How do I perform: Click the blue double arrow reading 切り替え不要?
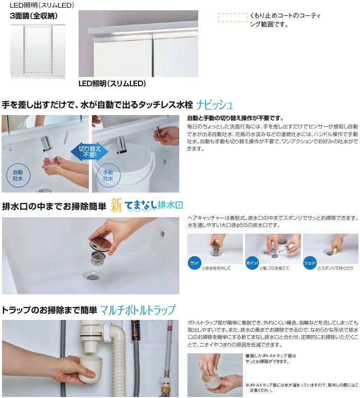[x=89, y=152]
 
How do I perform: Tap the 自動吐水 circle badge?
[x=18, y=176]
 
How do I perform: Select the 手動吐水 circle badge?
[x=108, y=176]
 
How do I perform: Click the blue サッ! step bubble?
[x=194, y=263]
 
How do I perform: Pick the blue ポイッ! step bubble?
[x=252, y=263]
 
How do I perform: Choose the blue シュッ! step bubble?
[x=310, y=263]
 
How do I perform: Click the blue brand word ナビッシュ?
[x=215, y=105]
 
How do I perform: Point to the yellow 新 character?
[x=116, y=205]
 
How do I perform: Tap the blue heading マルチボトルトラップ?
[x=138, y=310]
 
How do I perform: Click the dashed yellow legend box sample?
[x=233, y=17]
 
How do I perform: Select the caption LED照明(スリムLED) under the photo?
[x=112, y=84]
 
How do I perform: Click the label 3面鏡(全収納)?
[x=34, y=16]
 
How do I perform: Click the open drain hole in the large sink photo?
[x=92, y=276]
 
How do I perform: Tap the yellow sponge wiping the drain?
[x=334, y=251]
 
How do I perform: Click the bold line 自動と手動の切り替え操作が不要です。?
[x=235, y=118]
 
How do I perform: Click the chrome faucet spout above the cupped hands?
[x=46, y=143]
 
